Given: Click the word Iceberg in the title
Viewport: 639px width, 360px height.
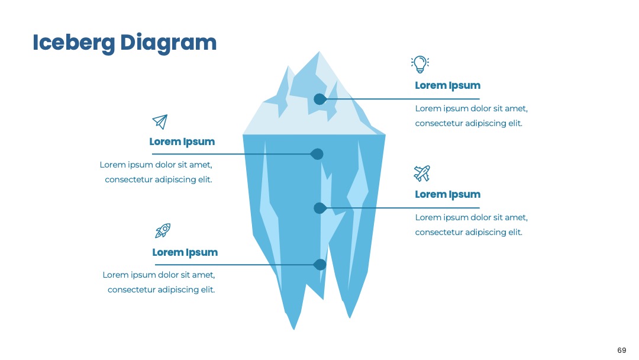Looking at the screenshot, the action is coord(74,43).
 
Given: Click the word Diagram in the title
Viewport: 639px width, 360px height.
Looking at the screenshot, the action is coord(168,43).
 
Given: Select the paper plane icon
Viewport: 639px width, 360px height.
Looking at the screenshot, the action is coord(160,121).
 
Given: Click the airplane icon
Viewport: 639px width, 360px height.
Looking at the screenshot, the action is coord(422,173).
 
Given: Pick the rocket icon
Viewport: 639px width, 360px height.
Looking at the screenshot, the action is coord(163,230).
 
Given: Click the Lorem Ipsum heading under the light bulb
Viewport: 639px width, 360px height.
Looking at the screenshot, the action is coord(447,86).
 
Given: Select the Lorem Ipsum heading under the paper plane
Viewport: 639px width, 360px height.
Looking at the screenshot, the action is coord(182,142).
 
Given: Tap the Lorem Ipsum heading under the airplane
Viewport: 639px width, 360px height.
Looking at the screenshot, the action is coord(447,194).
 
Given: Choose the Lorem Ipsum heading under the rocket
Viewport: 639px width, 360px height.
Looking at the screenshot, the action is coord(185,253).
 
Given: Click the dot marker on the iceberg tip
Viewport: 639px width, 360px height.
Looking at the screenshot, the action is coord(320,99).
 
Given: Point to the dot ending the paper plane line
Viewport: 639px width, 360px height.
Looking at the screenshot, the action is coord(317,154).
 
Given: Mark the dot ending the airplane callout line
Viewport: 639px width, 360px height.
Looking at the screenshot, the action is coord(320,208).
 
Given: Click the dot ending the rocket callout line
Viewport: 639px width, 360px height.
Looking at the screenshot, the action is coord(320,265).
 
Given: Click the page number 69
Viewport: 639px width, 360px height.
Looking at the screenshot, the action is coord(621,350).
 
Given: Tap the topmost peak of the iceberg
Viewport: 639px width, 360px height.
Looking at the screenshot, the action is coord(319,52).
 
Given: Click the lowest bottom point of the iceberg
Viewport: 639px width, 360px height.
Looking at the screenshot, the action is coord(294,329).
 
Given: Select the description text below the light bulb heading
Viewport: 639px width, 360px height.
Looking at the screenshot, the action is coord(471,116).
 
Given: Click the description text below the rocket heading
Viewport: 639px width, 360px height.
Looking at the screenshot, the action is coord(159,282).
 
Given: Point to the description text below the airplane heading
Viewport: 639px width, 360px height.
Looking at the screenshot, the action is coord(471,224).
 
